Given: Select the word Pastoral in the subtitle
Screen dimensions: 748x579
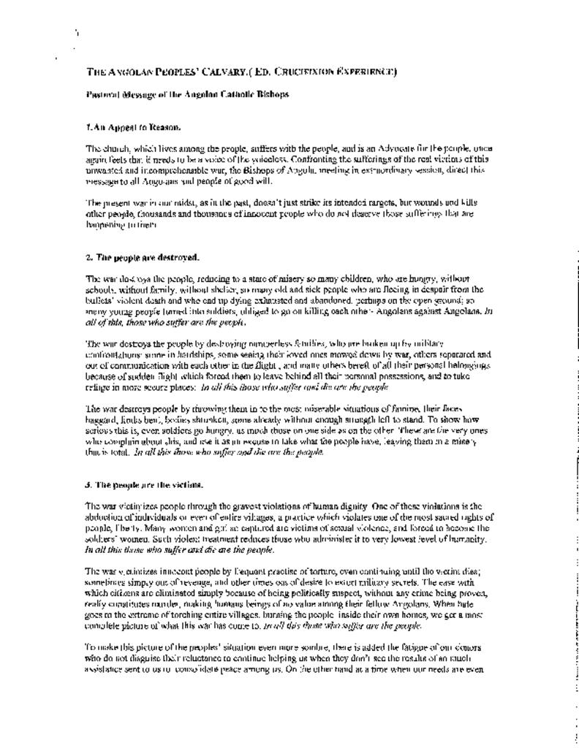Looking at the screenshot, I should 103,94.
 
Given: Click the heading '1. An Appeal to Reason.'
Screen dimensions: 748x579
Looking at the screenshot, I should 133,126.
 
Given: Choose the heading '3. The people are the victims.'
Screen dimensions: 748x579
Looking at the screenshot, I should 145,484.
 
